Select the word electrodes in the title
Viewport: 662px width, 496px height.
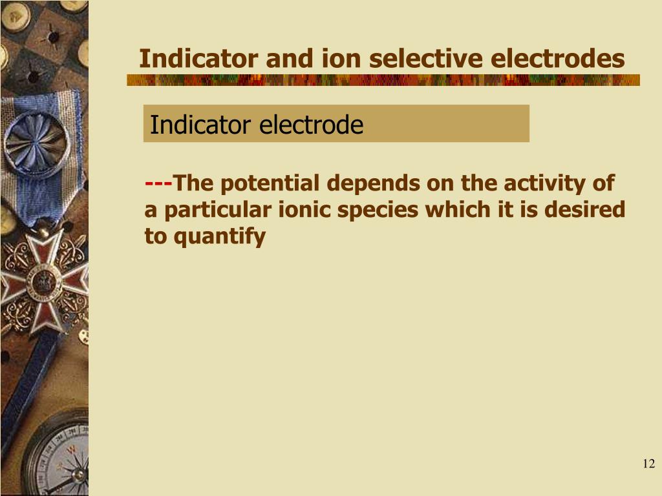558,59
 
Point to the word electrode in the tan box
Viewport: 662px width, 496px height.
312,125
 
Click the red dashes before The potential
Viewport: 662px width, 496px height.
158,183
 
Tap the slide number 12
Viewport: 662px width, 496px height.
648,464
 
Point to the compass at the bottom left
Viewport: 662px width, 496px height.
61,459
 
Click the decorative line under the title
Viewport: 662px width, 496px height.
383,80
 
